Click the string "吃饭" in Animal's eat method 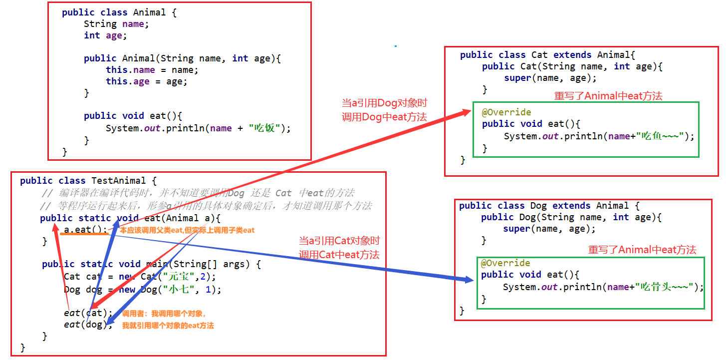[264, 128]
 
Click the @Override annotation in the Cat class [506, 112]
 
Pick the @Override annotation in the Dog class [505, 263]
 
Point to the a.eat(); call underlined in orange [85, 230]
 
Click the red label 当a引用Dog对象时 [384, 103]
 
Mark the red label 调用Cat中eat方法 [339, 254]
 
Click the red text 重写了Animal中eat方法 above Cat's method [608, 96]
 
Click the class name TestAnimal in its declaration [119, 181]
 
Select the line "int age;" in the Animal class [105, 35]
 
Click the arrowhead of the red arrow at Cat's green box [467, 113]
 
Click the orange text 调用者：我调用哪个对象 [164, 314]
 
